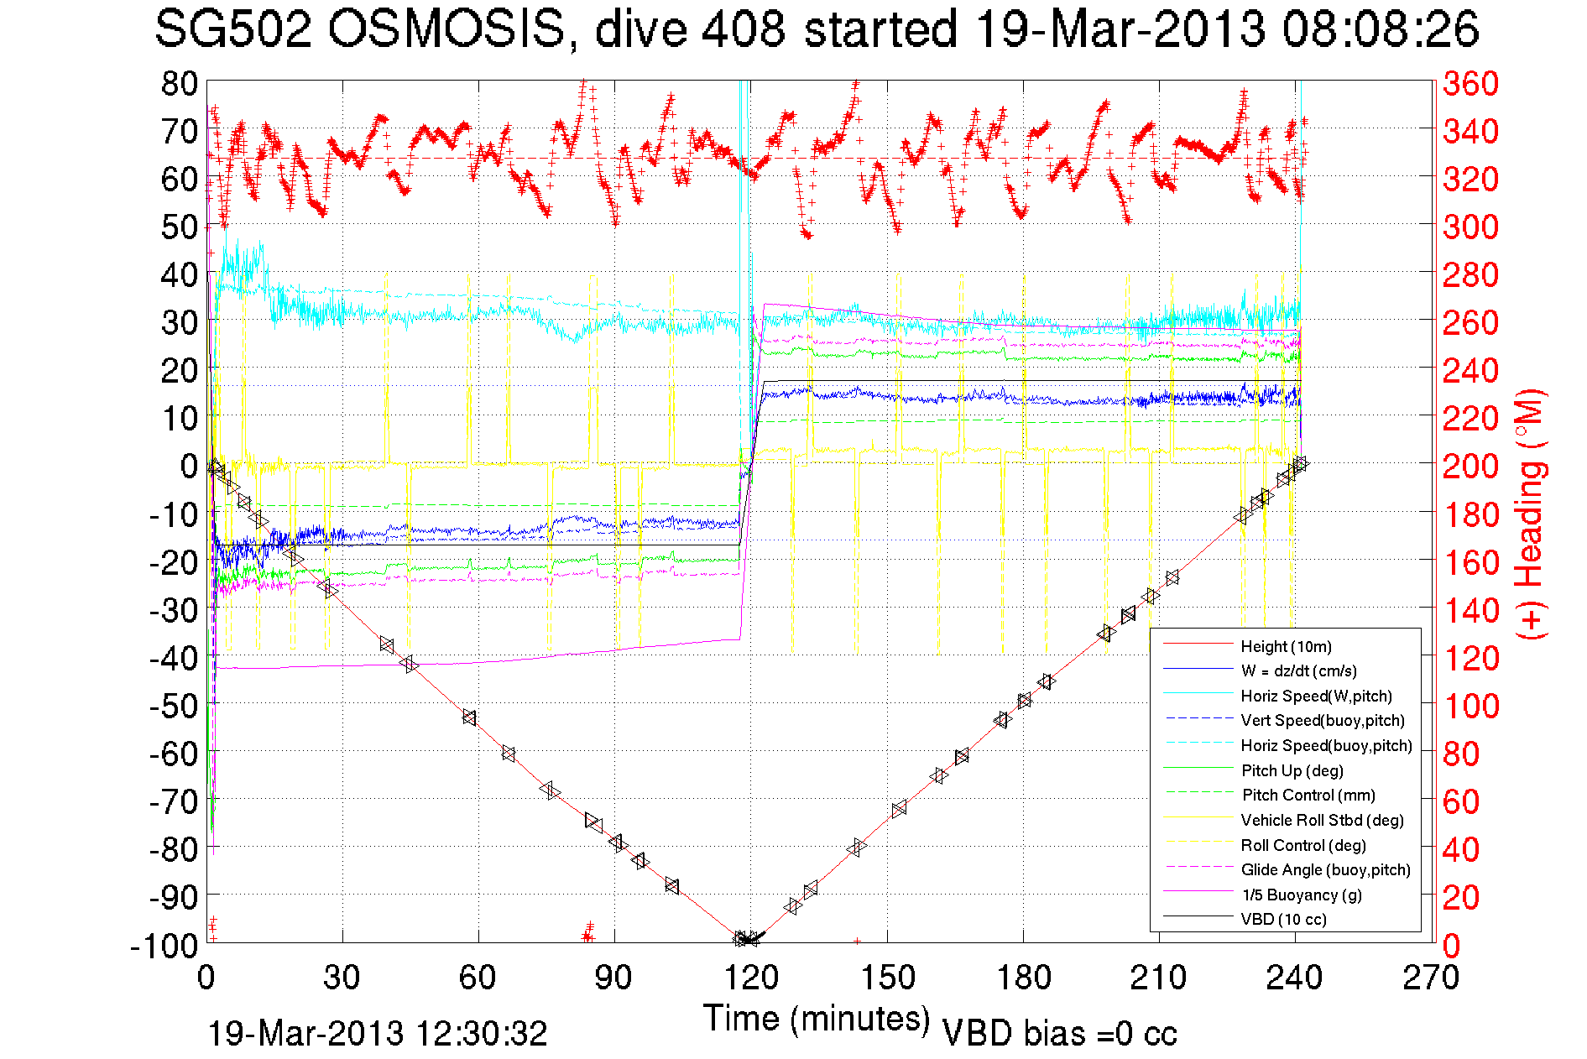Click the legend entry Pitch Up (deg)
[x=1292, y=770]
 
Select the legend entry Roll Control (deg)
[x=1303, y=845]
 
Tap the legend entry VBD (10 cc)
[x=1283, y=919]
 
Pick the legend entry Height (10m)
[x=1286, y=646]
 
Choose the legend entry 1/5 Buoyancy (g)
[x=1301, y=895]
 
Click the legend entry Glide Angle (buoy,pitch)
[x=1325, y=869]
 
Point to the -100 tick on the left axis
[x=164, y=946]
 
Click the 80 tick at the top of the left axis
[x=179, y=83]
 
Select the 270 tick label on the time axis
[x=1431, y=978]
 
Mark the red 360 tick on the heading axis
[x=1470, y=83]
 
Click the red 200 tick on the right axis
[x=1470, y=466]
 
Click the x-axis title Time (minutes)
[x=817, y=1019]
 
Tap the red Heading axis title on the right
[x=1529, y=514]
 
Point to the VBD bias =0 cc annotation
[x=1059, y=1033]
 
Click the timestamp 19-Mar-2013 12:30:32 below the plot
[x=377, y=1033]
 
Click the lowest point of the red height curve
[x=744, y=940]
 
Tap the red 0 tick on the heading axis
[x=1451, y=946]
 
